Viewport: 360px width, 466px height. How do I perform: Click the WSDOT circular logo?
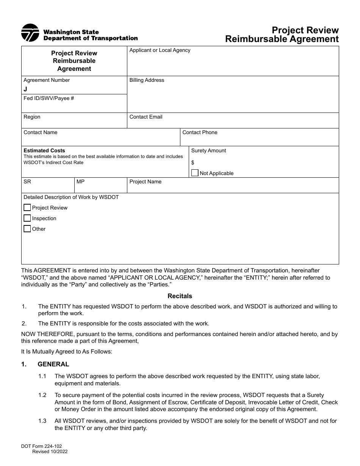[30, 33]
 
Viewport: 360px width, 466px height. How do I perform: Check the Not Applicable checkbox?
[195, 173]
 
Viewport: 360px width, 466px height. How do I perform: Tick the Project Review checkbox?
[27, 208]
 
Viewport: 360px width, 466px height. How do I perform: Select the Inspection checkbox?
[27, 218]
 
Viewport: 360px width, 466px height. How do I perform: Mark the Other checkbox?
[27, 229]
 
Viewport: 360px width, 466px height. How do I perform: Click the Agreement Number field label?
[47, 80]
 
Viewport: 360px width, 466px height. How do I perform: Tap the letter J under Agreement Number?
[25, 89]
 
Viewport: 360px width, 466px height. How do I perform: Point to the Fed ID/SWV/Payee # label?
[49, 99]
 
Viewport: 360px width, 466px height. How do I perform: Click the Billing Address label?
[147, 80]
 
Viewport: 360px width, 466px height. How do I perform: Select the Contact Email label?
[146, 117]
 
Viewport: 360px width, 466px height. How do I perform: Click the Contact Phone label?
[200, 133]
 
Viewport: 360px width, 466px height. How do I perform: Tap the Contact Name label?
[41, 133]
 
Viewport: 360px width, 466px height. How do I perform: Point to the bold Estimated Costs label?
[44, 150]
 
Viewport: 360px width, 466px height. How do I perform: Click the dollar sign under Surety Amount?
[193, 163]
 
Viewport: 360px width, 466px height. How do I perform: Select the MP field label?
[80, 182]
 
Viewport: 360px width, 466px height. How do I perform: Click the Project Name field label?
[145, 182]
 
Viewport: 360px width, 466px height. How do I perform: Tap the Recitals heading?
[180, 296]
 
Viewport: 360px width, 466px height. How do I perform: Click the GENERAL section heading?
[53, 364]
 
